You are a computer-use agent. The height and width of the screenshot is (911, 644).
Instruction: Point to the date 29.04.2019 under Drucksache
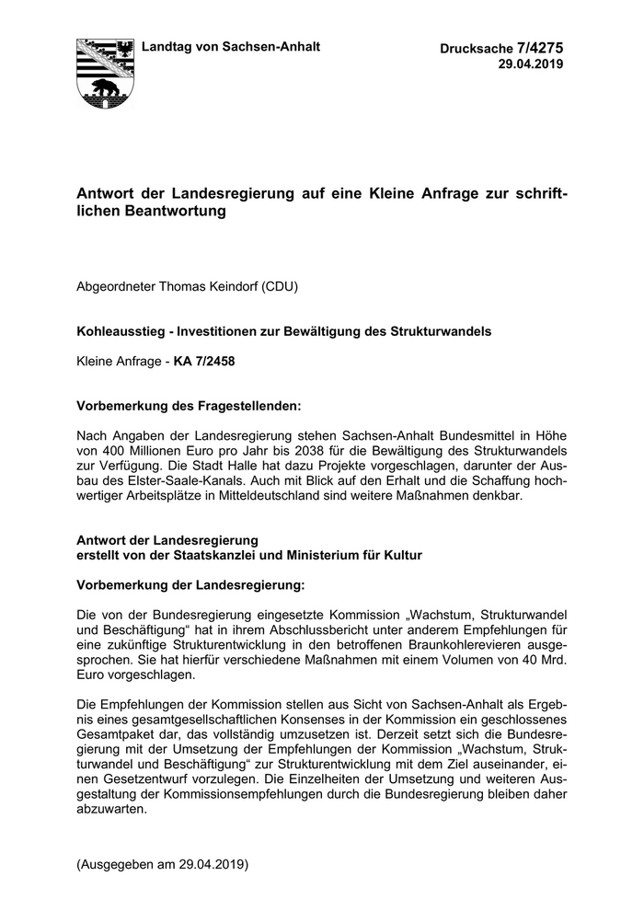[x=531, y=64]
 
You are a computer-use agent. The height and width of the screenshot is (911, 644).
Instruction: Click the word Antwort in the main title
[x=108, y=194]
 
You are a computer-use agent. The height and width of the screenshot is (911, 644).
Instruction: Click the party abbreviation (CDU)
[x=282, y=286]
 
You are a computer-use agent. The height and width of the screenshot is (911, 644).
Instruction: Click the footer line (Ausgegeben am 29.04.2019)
[x=163, y=865]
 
